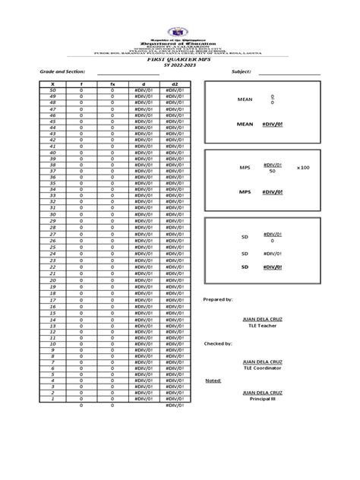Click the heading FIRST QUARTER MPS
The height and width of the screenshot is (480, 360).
181,59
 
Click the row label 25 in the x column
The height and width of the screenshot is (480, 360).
52,247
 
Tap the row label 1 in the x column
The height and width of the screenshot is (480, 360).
52,399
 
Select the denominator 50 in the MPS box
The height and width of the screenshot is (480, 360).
272,172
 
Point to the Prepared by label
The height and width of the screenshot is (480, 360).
218,300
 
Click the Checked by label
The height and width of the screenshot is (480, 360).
217,343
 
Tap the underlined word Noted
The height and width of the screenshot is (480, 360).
213,381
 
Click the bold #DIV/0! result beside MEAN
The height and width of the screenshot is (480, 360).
272,125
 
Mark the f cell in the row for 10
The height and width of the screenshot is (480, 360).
81,344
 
